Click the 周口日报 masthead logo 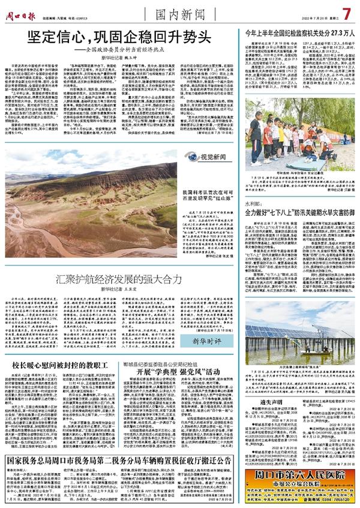tap(22, 8)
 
